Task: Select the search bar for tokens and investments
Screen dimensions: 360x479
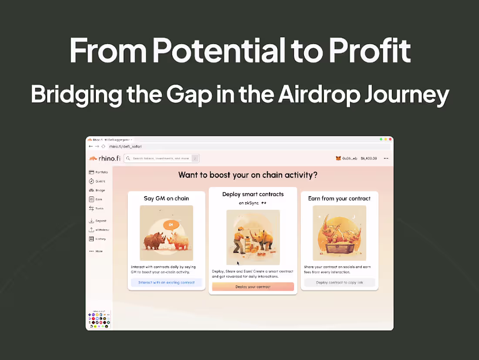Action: click(x=162, y=159)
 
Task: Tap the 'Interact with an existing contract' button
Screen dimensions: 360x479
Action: click(x=166, y=282)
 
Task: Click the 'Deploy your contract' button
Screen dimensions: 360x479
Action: click(x=253, y=287)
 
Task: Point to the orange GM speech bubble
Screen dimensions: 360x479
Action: click(x=171, y=225)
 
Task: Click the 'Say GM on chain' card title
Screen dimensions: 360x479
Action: click(x=166, y=198)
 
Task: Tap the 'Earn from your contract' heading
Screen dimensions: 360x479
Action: click(x=339, y=198)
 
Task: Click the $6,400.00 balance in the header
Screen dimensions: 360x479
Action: click(x=369, y=159)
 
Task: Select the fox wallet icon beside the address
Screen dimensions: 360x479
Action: click(x=338, y=159)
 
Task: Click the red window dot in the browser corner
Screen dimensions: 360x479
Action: click(x=391, y=139)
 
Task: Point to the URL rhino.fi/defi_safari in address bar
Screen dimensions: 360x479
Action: click(x=125, y=146)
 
